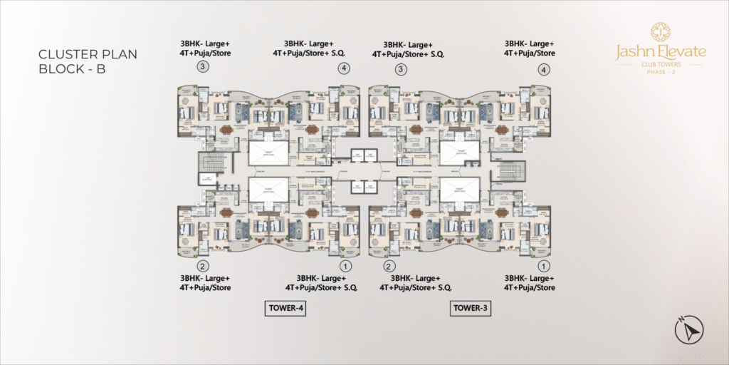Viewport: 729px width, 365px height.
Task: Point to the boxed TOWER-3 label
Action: click(x=471, y=309)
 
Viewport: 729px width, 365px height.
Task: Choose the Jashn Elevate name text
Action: click(x=661, y=51)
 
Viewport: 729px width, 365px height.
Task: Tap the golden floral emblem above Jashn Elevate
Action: click(x=661, y=31)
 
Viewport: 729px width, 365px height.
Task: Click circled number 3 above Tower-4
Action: click(x=203, y=68)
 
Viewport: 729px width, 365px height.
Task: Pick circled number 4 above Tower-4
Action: click(x=345, y=69)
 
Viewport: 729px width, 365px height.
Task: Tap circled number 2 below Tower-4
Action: click(x=203, y=266)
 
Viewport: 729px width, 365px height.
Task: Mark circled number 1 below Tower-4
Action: click(x=345, y=266)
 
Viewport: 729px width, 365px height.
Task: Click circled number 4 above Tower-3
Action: click(x=545, y=70)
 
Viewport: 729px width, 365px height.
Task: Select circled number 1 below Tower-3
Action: click(x=545, y=266)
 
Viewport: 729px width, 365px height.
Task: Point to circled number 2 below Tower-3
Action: click(x=389, y=266)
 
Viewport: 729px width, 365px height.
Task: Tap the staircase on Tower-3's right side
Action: click(x=511, y=172)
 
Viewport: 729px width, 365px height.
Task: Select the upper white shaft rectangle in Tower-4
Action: click(x=268, y=153)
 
